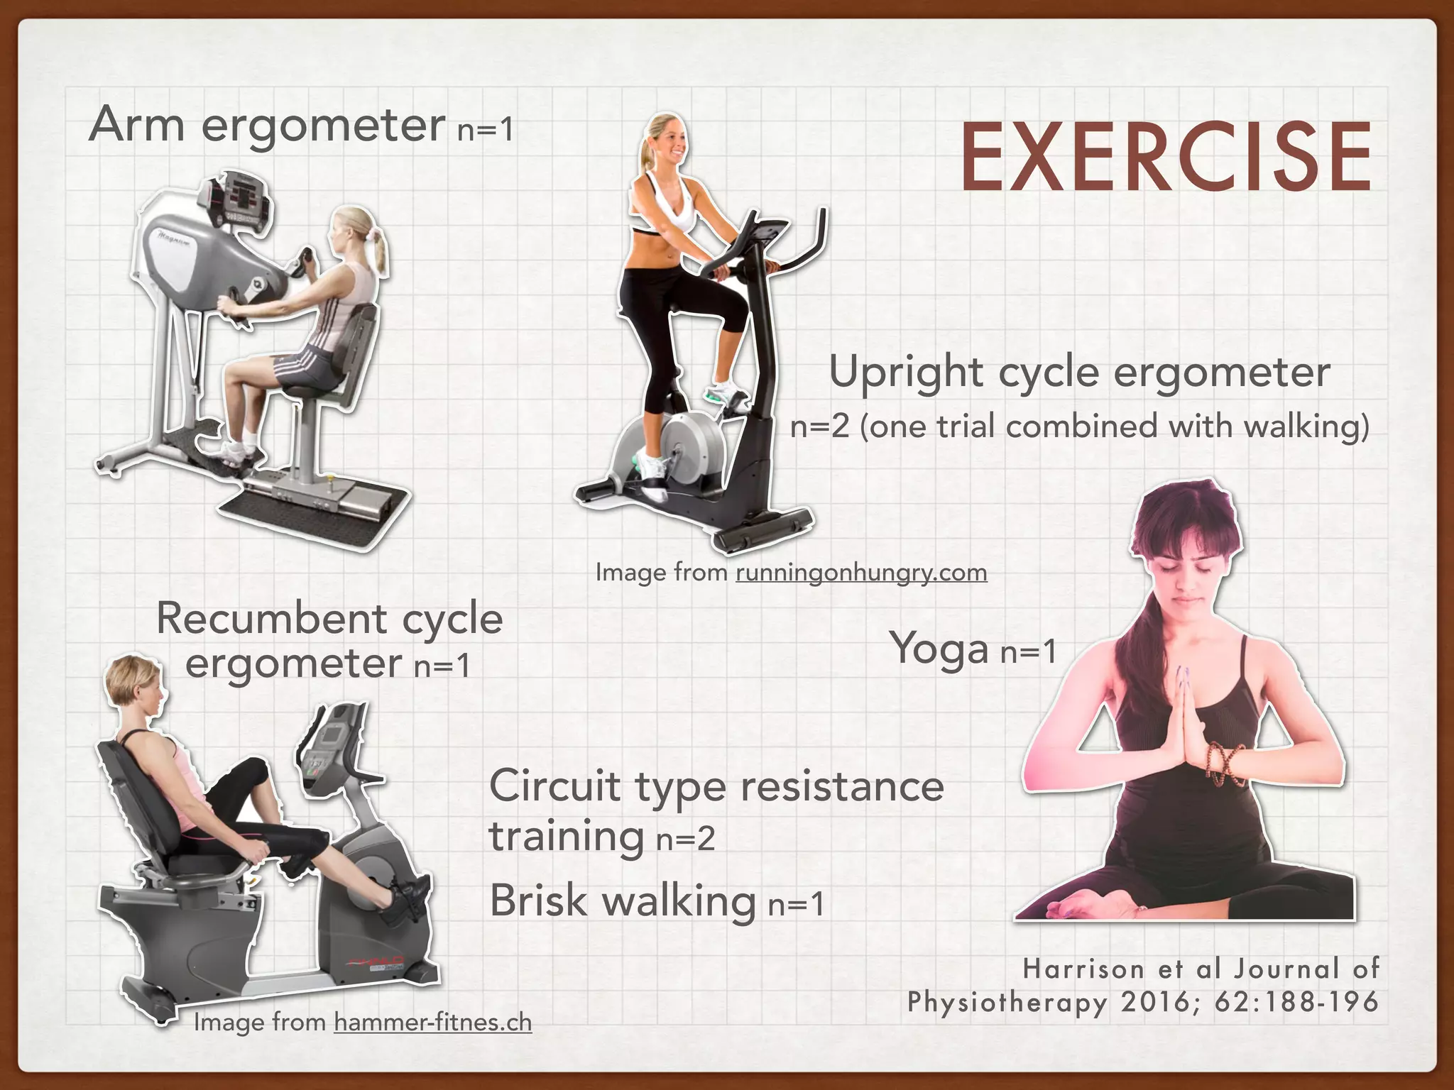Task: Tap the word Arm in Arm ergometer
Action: [x=136, y=125]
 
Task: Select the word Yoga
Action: [x=939, y=649]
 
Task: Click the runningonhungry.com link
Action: [x=861, y=573]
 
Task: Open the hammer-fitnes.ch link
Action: [x=432, y=1023]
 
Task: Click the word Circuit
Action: [x=554, y=786]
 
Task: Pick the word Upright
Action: [x=906, y=373]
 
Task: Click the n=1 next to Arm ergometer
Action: [x=485, y=130]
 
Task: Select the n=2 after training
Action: [x=685, y=839]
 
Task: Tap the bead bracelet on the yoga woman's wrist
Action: [x=1226, y=763]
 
